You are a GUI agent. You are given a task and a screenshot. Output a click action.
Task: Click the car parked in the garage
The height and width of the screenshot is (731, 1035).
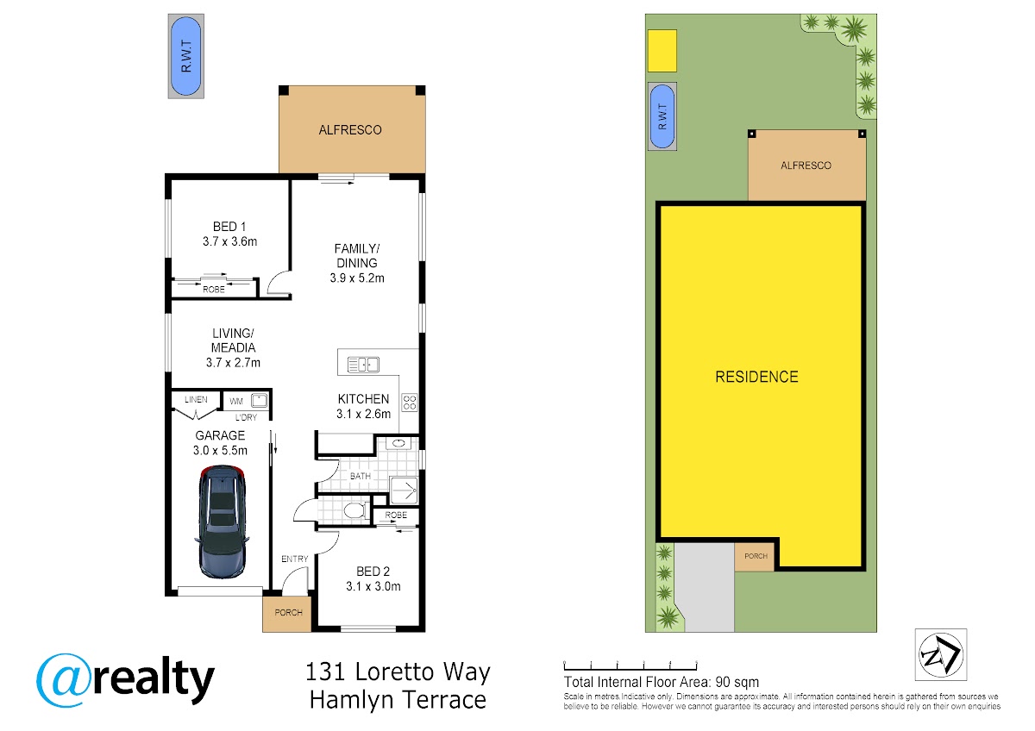click(223, 522)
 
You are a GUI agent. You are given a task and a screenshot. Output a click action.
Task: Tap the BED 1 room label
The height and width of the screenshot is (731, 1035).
click(229, 227)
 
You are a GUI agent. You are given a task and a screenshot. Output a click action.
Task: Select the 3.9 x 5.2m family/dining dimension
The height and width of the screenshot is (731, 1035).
click(357, 278)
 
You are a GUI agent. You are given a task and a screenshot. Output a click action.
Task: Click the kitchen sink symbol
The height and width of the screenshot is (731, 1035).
click(363, 365)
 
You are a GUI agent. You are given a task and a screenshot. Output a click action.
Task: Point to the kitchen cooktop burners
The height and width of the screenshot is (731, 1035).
click(410, 402)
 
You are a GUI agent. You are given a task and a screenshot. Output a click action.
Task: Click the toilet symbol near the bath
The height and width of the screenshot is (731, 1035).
click(354, 510)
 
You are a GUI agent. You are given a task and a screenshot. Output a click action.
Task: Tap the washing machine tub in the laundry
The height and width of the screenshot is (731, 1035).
click(259, 400)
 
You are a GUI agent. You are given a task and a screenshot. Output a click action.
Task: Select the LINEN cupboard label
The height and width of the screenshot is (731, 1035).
click(196, 399)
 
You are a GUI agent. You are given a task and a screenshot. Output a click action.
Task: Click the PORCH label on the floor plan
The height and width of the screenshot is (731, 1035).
click(288, 612)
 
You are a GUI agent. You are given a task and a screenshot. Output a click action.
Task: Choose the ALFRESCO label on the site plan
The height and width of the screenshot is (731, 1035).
click(806, 166)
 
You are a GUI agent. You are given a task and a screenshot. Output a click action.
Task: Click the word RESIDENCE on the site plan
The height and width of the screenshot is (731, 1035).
click(756, 377)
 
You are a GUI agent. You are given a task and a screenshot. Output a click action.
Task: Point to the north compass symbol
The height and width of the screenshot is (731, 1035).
click(941, 655)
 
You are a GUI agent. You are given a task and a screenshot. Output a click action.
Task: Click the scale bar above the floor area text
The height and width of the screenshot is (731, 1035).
click(630, 665)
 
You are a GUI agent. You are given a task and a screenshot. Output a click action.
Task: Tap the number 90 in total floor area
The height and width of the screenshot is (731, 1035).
click(723, 682)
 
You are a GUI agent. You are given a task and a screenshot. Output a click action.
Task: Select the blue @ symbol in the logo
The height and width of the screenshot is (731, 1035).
click(64, 680)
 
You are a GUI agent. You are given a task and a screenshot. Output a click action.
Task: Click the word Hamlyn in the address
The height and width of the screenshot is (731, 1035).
click(352, 701)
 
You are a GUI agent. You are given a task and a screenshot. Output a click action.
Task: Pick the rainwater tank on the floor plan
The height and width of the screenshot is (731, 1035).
click(185, 56)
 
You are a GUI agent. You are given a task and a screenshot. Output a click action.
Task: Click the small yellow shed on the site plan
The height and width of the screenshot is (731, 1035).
click(662, 51)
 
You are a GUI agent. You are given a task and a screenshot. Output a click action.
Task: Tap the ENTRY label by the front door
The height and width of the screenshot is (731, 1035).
click(294, 559)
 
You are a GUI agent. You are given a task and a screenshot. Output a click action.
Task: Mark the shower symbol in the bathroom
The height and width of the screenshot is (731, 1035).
click(404, 490)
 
